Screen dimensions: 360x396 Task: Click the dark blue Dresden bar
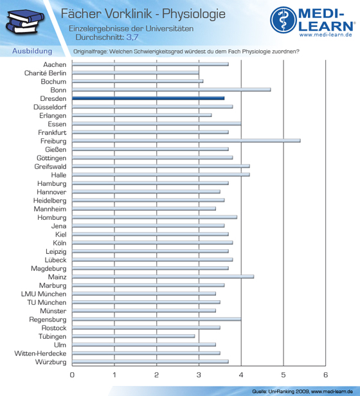(x=148, y=98)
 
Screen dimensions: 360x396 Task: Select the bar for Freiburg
(x=186, y=141)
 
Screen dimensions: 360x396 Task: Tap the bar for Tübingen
(x=133, y=336)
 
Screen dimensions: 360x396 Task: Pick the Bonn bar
(x=172, y=89)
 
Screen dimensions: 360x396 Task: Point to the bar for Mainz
(x=163, y=276)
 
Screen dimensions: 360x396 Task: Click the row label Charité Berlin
(x=45, y=73)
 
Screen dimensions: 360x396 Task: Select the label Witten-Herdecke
(x=40, y=354)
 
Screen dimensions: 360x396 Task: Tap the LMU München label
(x=44, y=294)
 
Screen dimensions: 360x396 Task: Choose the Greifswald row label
(x=51, y=166)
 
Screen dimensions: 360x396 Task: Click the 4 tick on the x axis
(x=241, y=375)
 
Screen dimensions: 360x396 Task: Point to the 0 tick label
(x=72, y=375)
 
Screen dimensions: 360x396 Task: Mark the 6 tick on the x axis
(x=325, y=375)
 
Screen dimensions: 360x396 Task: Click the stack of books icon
(x=25, y=21)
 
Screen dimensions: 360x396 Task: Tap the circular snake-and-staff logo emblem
(x=283, y=20)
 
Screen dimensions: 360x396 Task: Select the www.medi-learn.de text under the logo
(x=326, y=35)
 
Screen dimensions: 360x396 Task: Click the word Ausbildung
(x=32, y=51)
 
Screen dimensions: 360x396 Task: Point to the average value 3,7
(x=132, y=37)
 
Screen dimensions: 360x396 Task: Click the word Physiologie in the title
(x=194, y=14)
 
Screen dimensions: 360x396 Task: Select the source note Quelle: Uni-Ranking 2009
(x=280, y=392)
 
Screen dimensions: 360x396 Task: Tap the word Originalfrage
(x=90, y=51)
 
